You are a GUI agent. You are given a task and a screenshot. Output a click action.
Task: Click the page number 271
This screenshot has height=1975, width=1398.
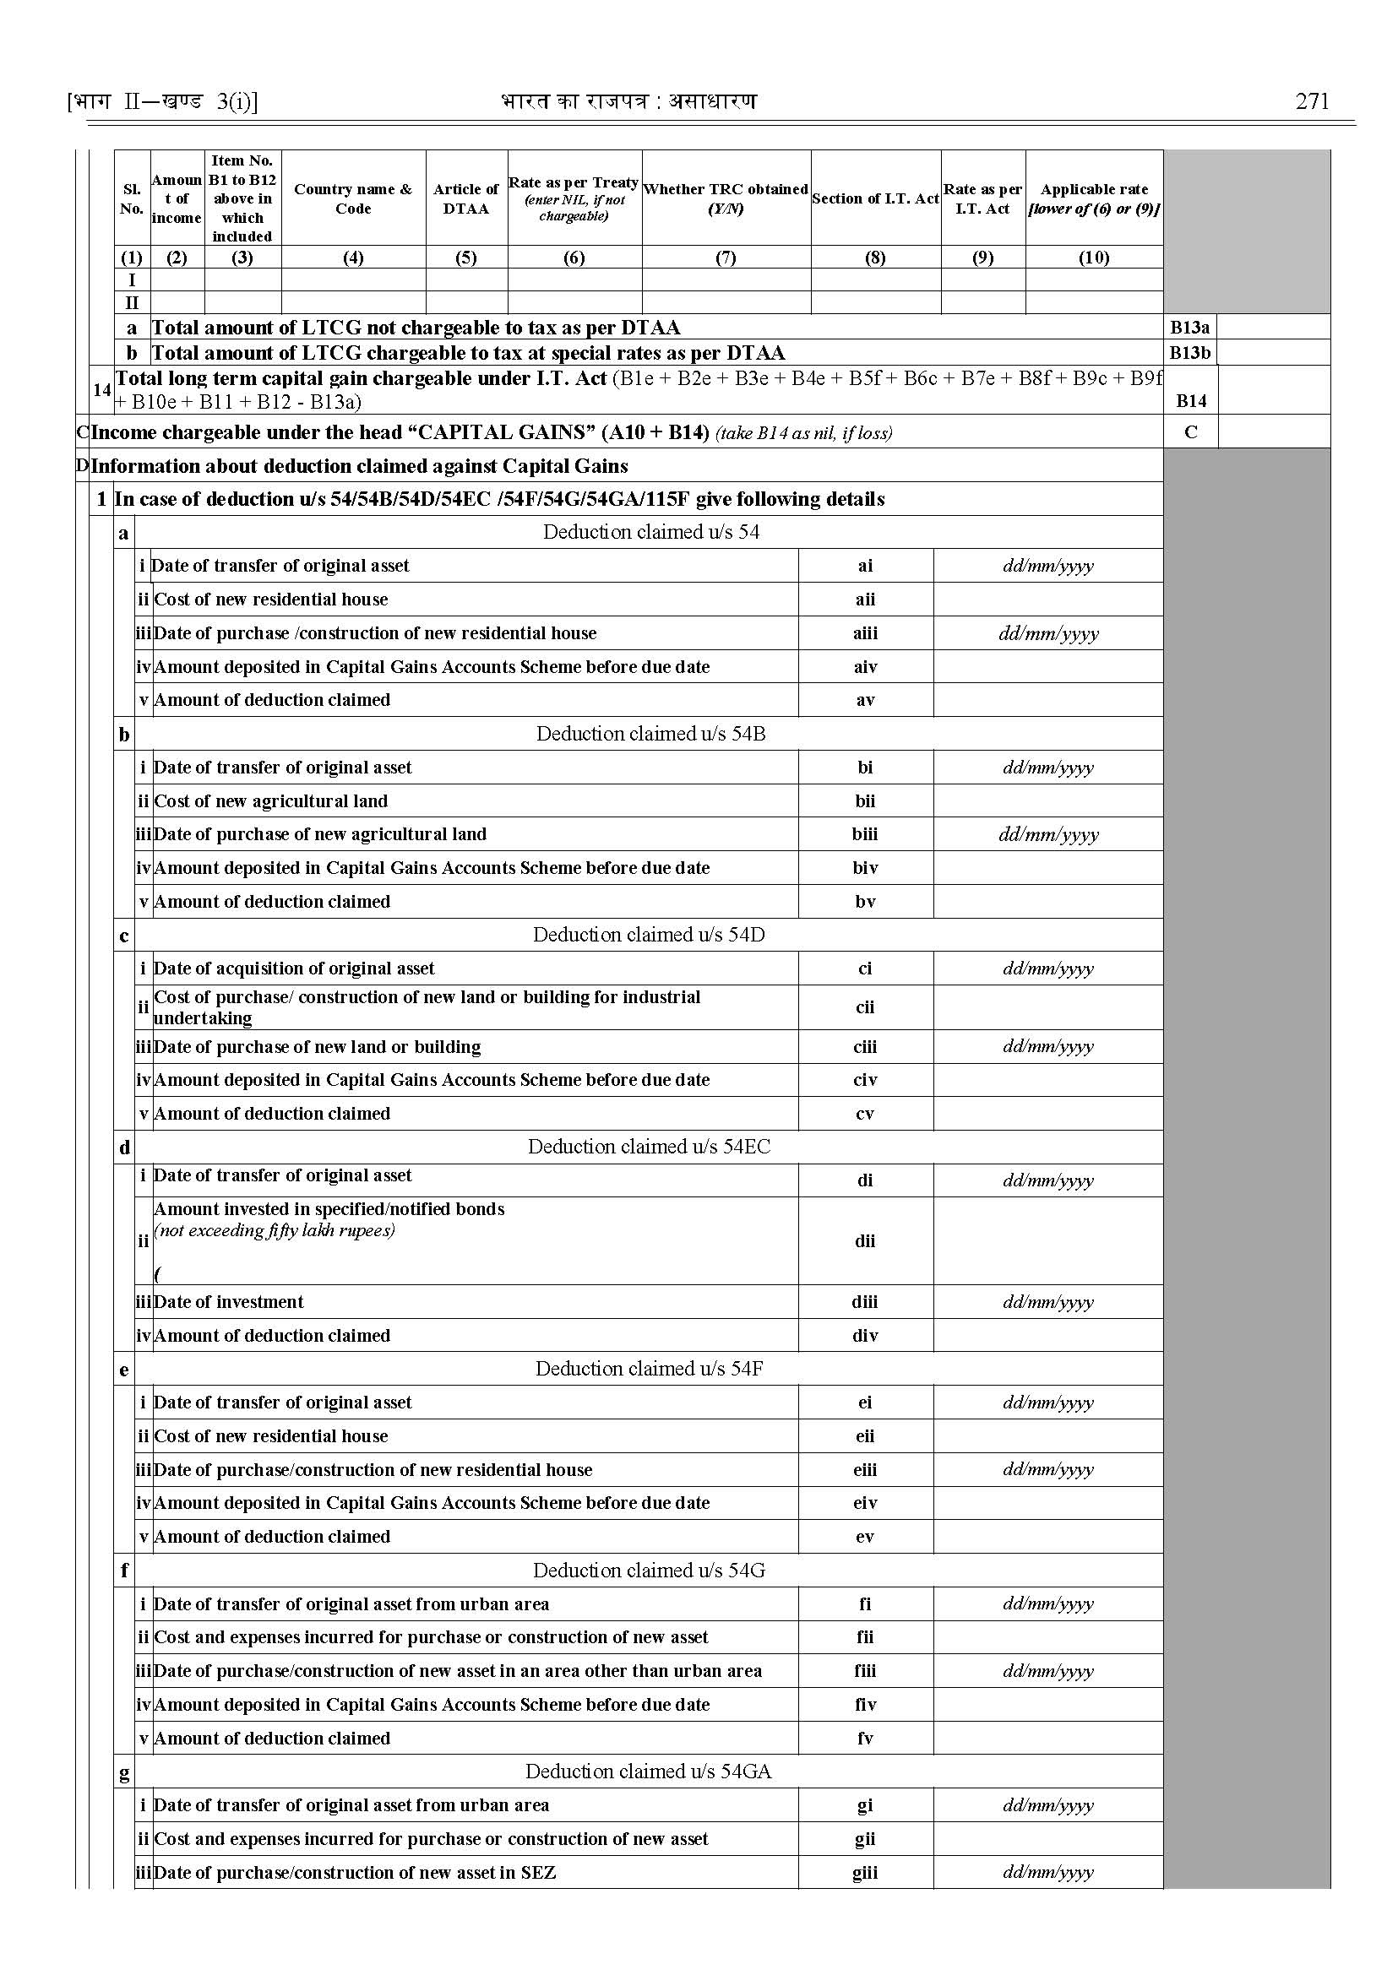pyautogui.click(x=1311, y=101)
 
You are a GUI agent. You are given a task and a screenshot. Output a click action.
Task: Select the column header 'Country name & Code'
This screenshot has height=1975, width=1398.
pyautogui.click(x=353, y=198)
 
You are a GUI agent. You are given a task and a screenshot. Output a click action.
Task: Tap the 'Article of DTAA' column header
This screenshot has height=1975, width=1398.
pyautogui.click(x=465, y=198)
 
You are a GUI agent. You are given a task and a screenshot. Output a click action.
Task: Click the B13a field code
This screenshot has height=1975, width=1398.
pyautogui.click(x=1189, y=327)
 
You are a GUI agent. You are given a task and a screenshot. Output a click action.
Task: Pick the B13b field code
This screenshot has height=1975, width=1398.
pyautogui.click(x=1189, y=353)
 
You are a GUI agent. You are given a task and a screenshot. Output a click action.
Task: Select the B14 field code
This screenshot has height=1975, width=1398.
pyautogui.click(x=1190, y=400)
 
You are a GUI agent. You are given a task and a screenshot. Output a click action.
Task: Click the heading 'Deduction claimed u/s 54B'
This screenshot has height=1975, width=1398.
pyautogui.click(x=650, y=733)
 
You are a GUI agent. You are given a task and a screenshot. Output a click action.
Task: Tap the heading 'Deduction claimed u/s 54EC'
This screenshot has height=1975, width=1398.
pyautogui.click(x=649, y=1147)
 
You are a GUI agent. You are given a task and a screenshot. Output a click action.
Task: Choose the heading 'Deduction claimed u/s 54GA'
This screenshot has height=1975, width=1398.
pyautogui.click(x=648, y=1771)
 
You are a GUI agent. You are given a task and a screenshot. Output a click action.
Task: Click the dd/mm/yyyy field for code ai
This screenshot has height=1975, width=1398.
pyautogui.click(x=1047, y=566)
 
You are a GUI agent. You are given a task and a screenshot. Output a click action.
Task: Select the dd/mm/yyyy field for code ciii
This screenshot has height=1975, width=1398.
pyautogui.click(x=1047, y=1046)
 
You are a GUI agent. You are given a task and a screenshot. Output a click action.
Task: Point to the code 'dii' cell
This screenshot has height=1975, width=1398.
pyautogui.click(x=864, y=1241)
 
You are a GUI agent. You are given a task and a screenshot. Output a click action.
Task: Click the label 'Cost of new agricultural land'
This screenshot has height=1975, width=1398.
pyautogui.click(x=270, y=801)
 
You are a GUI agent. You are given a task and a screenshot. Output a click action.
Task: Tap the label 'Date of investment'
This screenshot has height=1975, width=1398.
pyautogui.click(x=228, y=1302)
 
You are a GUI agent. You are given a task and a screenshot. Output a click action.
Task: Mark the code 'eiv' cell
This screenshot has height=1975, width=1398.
pyautogui.click(x=864, y=1502)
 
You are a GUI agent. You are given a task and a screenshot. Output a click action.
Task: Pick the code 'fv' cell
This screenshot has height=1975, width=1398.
pyautogui.click(x=864, y=1739)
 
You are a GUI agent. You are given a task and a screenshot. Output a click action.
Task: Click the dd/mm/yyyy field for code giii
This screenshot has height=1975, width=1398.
pyautogui.click(x=1047, y=1873)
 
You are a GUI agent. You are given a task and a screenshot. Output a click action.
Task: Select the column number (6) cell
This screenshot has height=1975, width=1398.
pyautogui.click(x=574, y=258)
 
